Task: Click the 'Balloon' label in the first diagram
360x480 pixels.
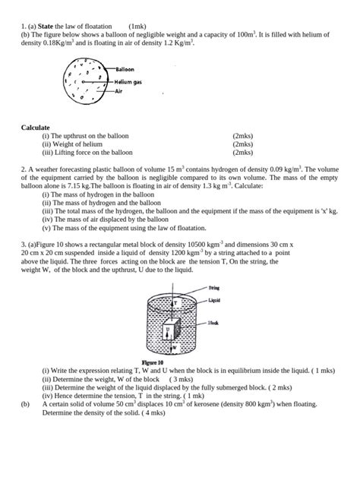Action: pyautogui.click(x=126, y=70)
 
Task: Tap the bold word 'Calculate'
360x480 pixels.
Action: pyautogui.click(x=36, y=128)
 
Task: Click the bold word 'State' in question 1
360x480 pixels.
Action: pyautogui.click(x=49, y=26)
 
